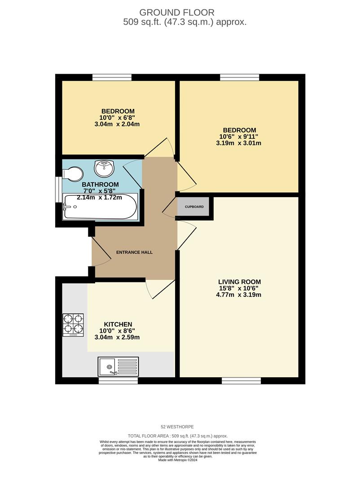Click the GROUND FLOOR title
coord(176,13)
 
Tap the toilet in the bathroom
coord(73,174)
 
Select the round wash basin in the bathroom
coord(105,168)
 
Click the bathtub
coord(100,207)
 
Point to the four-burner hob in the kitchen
coord(73,325)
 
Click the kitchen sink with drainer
coord(118,366)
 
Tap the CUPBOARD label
coord(194,207)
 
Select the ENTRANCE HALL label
coord(134,252)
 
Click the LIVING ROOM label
coord(239,282)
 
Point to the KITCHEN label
coord(118,324)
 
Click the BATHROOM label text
coord(100,185)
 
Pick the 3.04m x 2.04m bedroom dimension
coord(117,124)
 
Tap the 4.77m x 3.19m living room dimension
coord(238,295)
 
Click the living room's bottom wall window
coord(241,380)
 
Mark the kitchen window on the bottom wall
coord(118,380)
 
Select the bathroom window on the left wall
coord(59,190)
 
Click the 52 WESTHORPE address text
coord(177,427)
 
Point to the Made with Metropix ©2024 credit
coord(177,460)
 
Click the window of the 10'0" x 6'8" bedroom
coord(112,77)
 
